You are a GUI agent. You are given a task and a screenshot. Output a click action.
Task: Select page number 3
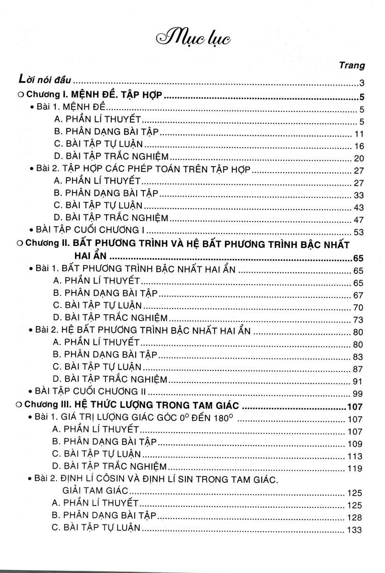[363, 82]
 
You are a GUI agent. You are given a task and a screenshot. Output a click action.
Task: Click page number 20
[359, 159]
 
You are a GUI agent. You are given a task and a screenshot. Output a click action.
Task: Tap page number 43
[359, 208]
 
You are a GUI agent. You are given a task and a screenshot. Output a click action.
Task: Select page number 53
[359, 233]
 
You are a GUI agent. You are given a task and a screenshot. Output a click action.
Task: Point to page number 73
[359, 319]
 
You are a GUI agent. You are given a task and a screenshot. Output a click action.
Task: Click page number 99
[359, 393]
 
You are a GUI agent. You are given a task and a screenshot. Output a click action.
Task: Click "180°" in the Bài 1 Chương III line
[226, 418]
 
